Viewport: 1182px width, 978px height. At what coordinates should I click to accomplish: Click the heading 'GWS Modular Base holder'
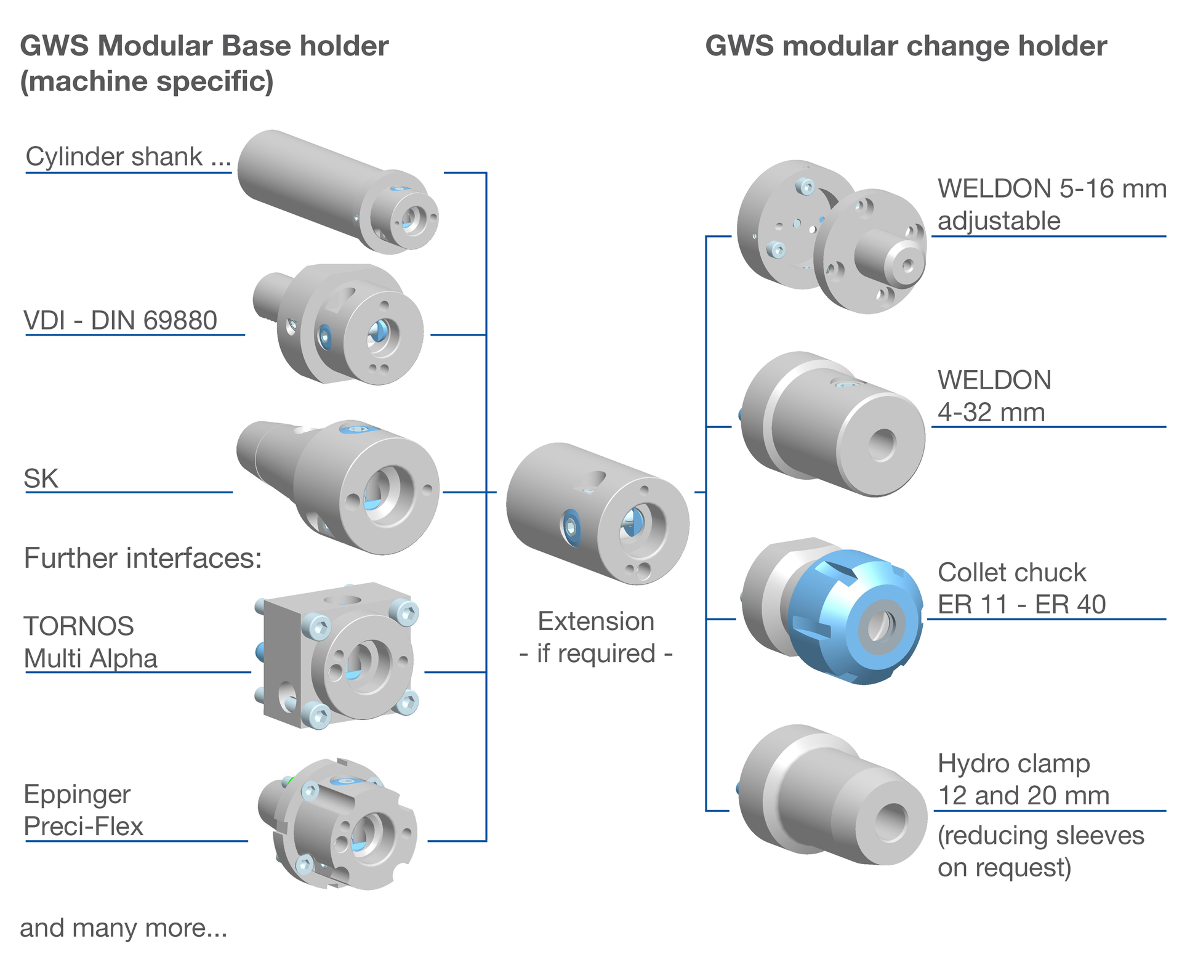204,47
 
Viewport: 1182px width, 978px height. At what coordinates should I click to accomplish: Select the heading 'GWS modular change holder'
906,47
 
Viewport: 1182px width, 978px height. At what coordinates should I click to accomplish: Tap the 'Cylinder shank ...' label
128,157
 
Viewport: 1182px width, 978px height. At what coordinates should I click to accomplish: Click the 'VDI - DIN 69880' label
121,321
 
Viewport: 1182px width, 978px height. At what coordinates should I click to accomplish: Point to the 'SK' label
41,479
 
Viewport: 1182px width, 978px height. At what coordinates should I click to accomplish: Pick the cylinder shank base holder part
337,191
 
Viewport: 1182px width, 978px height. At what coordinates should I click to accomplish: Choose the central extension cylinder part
597,514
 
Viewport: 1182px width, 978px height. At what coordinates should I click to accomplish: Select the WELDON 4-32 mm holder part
831,425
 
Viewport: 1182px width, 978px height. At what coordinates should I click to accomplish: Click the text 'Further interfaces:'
143,559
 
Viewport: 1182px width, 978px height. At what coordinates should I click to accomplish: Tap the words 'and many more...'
123,928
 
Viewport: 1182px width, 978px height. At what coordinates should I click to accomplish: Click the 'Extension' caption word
596,622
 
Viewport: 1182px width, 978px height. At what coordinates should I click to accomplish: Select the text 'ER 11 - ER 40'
1022,605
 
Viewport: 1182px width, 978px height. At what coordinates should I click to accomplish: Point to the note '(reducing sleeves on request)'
1040,852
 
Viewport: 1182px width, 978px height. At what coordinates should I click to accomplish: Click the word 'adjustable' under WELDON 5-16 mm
999,221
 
